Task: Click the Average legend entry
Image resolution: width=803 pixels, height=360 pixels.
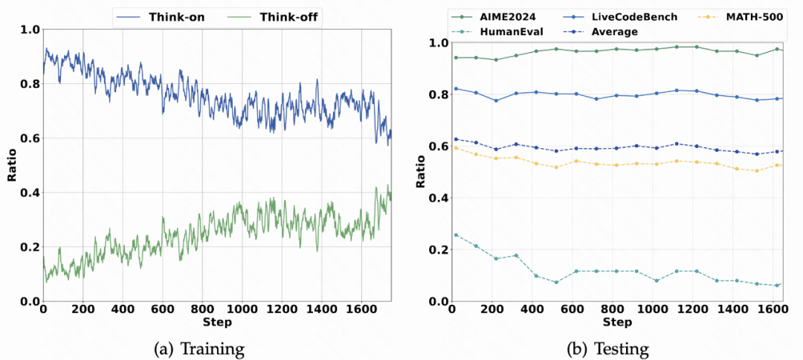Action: pos(609,32)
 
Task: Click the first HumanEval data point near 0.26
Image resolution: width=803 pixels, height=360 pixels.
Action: pos(456,235)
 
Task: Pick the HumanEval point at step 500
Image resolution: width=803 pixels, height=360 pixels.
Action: pos(555,282)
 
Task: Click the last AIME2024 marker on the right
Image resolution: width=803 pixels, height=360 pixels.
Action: pos(776,49)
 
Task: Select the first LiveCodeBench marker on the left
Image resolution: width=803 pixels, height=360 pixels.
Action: pos(456,89)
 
